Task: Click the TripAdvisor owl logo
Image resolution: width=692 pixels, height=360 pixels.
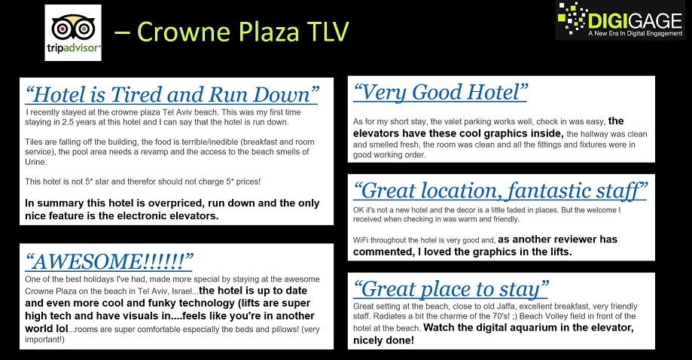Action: [x=73, y=32]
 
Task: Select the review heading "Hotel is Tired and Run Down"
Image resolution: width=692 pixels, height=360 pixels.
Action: [x=172, y=94]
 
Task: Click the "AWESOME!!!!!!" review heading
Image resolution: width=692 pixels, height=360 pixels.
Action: [x=109, y=261]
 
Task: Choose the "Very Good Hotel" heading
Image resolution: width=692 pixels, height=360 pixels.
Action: [x=440, y=92]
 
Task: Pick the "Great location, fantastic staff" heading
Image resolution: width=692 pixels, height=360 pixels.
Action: [x=500, y=191]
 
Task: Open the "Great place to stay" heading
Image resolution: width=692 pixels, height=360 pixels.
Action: [x=450, y=289]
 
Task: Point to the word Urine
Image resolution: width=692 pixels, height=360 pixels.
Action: [x=35, y=162]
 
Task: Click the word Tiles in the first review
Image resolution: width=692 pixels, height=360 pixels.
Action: [x=34, y=142]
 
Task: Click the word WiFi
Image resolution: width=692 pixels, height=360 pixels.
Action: [x=361, y=240]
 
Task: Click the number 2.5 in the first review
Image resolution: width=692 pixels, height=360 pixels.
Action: [x=68, y=122]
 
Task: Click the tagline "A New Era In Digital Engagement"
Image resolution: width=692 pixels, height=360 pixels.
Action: [x=635, y=34]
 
